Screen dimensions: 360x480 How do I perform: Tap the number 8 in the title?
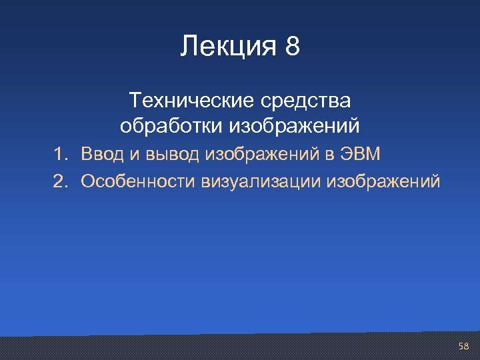click(292, 47)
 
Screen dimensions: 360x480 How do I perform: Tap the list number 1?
click(61, 155)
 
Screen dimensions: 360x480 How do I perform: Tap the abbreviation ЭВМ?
click(361, 155)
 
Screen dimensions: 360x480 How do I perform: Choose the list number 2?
click(61, 181)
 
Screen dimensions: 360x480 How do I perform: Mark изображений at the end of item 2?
click(383, 181)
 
